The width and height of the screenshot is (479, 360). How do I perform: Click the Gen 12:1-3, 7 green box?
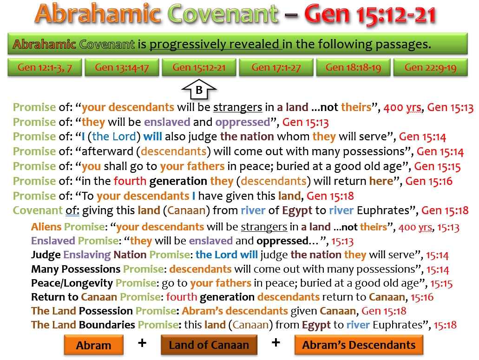[x=45, y=67]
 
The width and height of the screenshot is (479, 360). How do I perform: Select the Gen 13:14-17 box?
[x=122, y=67]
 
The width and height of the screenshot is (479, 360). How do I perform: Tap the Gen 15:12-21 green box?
[x=199, y=67]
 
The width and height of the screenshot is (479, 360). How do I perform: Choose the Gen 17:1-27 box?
[x=276, y=67]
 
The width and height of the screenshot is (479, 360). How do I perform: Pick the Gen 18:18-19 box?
[x=353, y=67]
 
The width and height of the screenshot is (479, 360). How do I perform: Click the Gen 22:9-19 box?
[x=430, y=67]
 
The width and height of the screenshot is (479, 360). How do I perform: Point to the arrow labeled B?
[x=199, y=90]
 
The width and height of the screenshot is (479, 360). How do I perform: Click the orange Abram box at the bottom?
[x=94, y=345]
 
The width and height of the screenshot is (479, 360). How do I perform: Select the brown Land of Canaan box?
[x=209, y=345]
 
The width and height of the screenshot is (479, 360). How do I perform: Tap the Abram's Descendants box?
[x=359, y=345]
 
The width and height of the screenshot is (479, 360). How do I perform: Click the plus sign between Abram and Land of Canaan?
[x=142, y=343]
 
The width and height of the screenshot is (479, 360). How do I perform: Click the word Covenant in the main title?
[x=223, y=14]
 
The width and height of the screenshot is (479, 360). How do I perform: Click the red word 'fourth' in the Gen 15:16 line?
[x=130, y=181]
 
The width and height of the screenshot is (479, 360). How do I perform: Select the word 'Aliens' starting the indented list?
[x=46, y=227]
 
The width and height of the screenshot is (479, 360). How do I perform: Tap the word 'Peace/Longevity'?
[x=72, y=283]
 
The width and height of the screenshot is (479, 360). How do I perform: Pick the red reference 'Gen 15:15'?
[x=437, y=167]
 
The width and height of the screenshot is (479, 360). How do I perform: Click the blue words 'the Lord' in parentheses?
[x=114, y=137]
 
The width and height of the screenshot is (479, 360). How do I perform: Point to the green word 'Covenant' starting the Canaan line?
[x=38, y=210]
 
